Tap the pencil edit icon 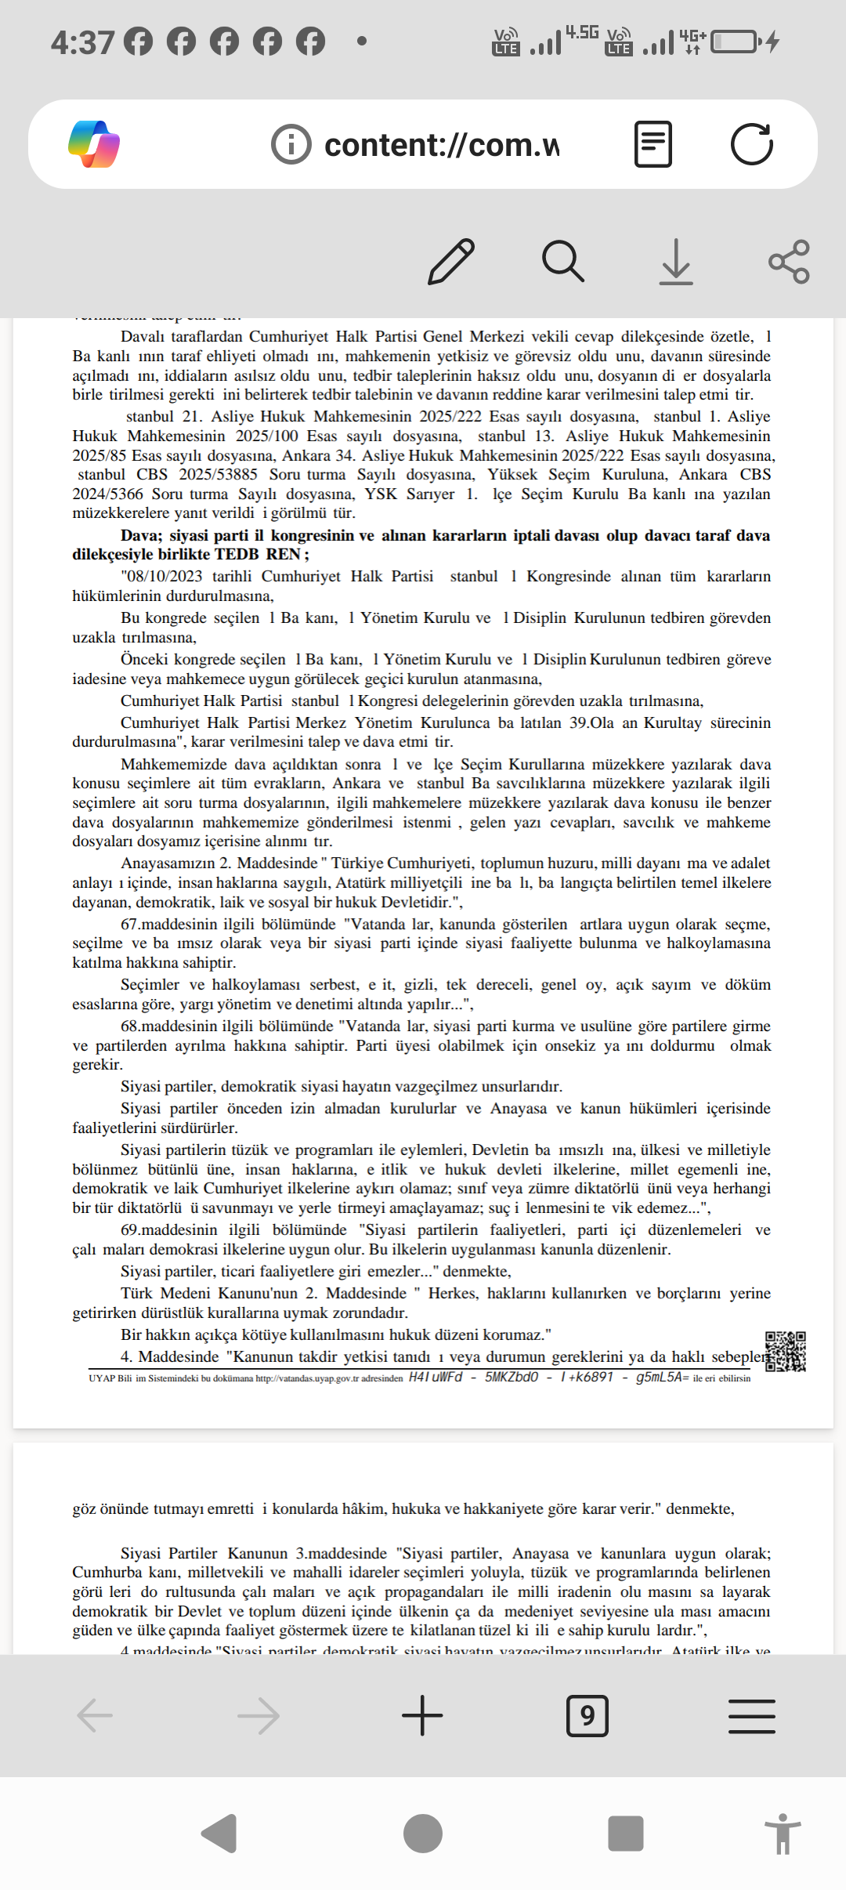coord(451,262)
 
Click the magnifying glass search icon coord(562,262)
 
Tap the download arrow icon coord(675,262)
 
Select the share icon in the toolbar coord(789,262)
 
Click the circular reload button coord(751,144)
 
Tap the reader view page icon coord(653,144)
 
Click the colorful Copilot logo coord(94,144)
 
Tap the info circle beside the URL coord(291,145)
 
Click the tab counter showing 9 coord(587,1715)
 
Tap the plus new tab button coord(422,1715)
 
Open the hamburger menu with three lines coord(751,1715)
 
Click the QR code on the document coord(785,1352)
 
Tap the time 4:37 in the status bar coord(82,42)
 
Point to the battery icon coord(734,42)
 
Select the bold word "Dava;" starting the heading coord(142,536)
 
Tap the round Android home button coord(422,1834)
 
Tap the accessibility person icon coord(782,1834)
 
